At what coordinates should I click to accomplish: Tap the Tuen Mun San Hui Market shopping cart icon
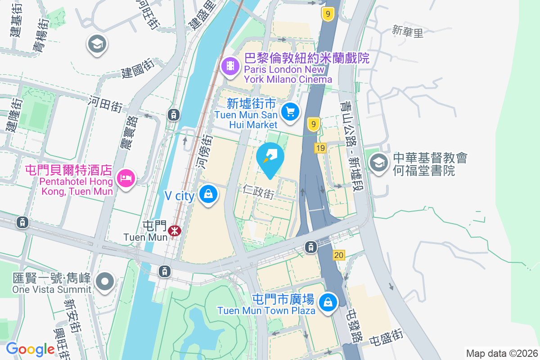tap(291, 111)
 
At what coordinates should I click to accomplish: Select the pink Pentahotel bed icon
tap(126, 178)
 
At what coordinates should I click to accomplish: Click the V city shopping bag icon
tap(208, 194)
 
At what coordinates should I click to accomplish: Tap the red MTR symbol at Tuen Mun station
tap(174, 231)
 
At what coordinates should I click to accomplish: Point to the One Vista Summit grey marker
tap(105, 282)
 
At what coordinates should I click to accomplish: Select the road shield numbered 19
tap(320, 148)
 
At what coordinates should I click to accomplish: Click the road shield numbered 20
tap(339, 255)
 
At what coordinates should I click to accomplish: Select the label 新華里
tap(408, 31)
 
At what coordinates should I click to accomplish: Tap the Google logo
tap(30, 349)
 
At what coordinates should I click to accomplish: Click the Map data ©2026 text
tap(501, 354)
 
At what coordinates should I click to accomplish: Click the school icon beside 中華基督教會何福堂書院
tap(379, 162)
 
